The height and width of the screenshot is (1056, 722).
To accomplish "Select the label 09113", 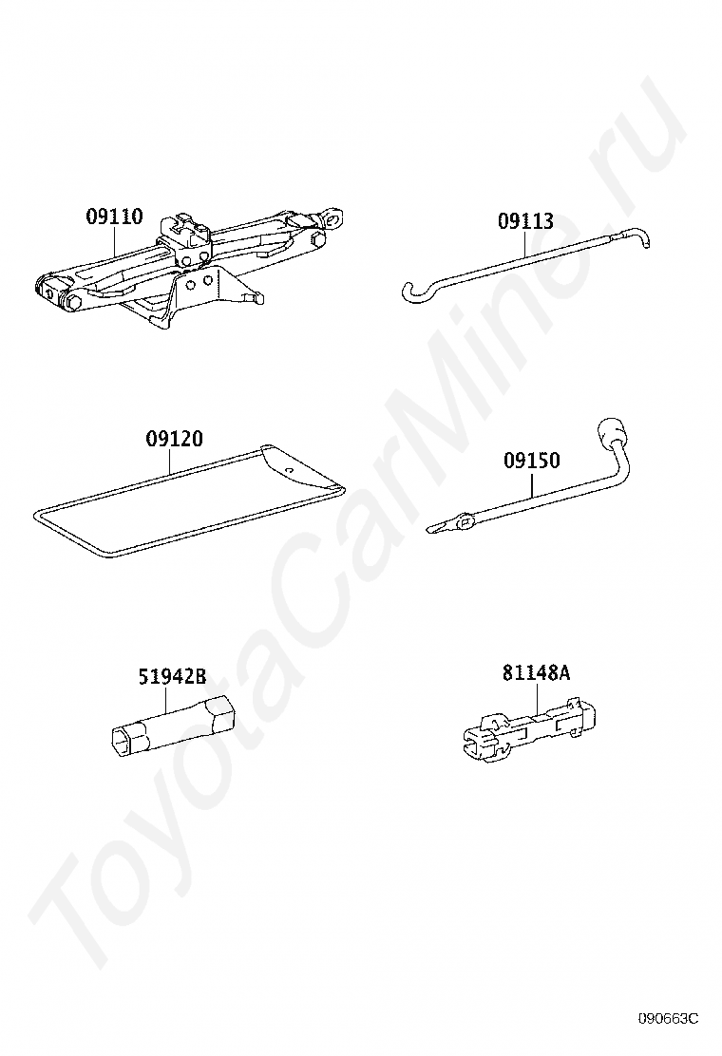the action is (x=525, y=222).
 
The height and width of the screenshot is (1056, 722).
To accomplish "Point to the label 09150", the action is (x=531, y=462).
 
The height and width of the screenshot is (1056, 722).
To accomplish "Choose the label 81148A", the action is (x=537, y=673).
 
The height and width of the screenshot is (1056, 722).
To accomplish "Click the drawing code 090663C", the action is (x=667, y=1019).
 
